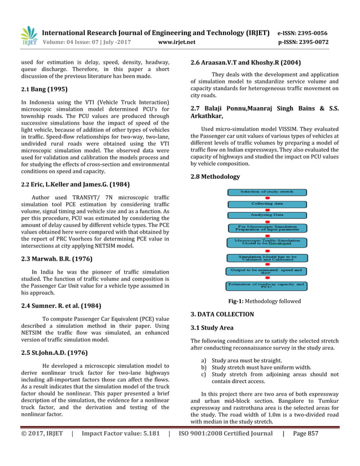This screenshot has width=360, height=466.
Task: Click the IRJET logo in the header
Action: pyautogui.click(x=29, y=36)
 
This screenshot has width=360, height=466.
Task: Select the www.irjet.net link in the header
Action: pyautogui.click(x=177, y=42)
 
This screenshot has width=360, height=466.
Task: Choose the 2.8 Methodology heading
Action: pyautogui.click(x=215, y=177)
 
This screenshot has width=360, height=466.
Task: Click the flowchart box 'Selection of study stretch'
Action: pyautogui.click(x=267, y=192)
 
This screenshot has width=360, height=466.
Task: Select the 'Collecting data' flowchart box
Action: pyautogui.click(x=267, y=204)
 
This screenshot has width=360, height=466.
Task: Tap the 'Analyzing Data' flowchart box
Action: pyautogui.click(x=267, y=216)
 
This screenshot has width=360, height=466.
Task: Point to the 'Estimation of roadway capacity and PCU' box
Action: pyautogui.click(x=267, y=286)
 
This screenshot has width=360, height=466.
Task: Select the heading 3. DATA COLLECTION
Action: pyautogui.click(x=222, y=314)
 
